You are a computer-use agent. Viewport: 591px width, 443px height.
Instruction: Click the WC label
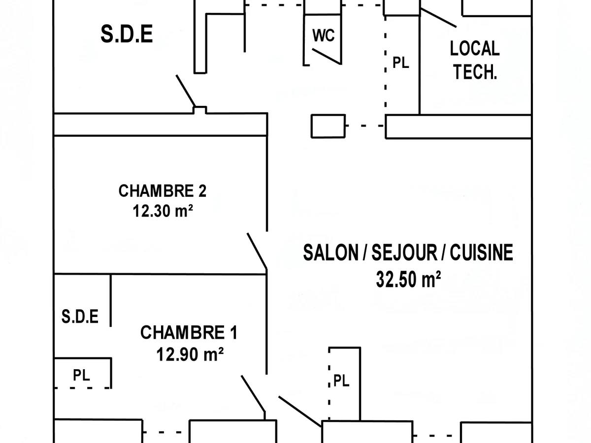click(x=323, y=36)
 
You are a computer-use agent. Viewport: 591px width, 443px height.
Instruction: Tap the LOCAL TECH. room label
click(x=474, y=61)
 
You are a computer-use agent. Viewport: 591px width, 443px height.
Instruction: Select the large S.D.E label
click(x=127, y=35)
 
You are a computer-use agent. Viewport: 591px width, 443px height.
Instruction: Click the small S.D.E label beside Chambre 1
click(x=80, y=316)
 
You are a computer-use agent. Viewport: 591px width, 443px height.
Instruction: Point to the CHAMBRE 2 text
click(x=163, y=191)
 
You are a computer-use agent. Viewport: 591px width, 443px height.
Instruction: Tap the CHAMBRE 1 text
click(x=189, y=333)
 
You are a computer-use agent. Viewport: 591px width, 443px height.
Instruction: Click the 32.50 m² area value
click(x=408, y=280)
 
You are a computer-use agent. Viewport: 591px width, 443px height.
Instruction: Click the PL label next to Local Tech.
click(x=400, y=63)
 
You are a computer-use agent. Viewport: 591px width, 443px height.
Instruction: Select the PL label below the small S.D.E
click(x=82, y=376)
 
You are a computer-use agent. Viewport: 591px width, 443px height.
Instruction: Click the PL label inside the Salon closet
click(x=341, y=380)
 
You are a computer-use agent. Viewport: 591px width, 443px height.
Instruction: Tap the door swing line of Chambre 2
click(x=257, y=252)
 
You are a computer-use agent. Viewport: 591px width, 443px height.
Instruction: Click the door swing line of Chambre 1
click(x=253, y=393)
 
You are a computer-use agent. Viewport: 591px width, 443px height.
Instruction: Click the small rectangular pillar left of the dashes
click(x=328, y=126)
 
